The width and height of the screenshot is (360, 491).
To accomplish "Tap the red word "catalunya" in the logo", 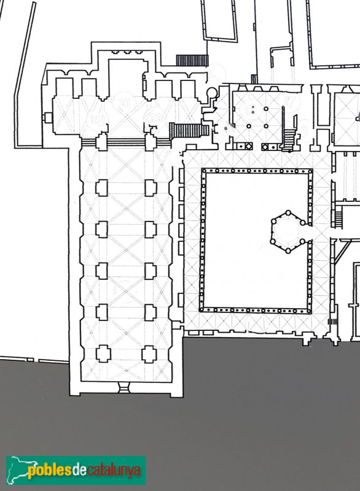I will pos(114,471).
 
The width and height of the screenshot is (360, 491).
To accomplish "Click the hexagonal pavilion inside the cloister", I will pos(287,232).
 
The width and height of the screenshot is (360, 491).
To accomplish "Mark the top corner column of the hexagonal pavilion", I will pos(286,212).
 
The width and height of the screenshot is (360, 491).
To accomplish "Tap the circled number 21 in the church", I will pos(126,101).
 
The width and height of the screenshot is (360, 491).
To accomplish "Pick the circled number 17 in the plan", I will pos(290,101).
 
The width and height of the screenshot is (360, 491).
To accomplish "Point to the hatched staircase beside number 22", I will pos(188,131).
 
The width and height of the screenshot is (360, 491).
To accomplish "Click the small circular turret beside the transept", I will pos(212,93).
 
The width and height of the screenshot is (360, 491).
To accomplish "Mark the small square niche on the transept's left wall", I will pos(47,117).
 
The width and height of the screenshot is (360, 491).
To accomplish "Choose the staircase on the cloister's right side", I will pos(337,216).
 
